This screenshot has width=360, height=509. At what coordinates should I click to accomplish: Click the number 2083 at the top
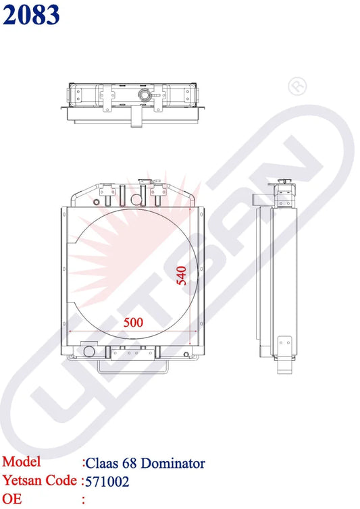coord(31,15)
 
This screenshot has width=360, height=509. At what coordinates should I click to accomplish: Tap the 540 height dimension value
coord(182,275)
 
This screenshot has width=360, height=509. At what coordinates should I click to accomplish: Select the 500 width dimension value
coord(133,323)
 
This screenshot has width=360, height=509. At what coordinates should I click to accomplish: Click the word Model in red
coord(22,462)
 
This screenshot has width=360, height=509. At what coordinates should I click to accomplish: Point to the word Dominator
coord(173,463)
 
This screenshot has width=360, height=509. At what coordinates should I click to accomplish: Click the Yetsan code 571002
coord(107,482)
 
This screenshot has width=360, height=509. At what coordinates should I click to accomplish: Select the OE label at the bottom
coord(12,499)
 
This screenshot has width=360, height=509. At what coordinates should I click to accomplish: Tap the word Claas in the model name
coord(102,463)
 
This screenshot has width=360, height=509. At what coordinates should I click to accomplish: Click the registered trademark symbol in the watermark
coord(297,86)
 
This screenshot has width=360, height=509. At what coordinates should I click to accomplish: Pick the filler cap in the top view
coord(144,95)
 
